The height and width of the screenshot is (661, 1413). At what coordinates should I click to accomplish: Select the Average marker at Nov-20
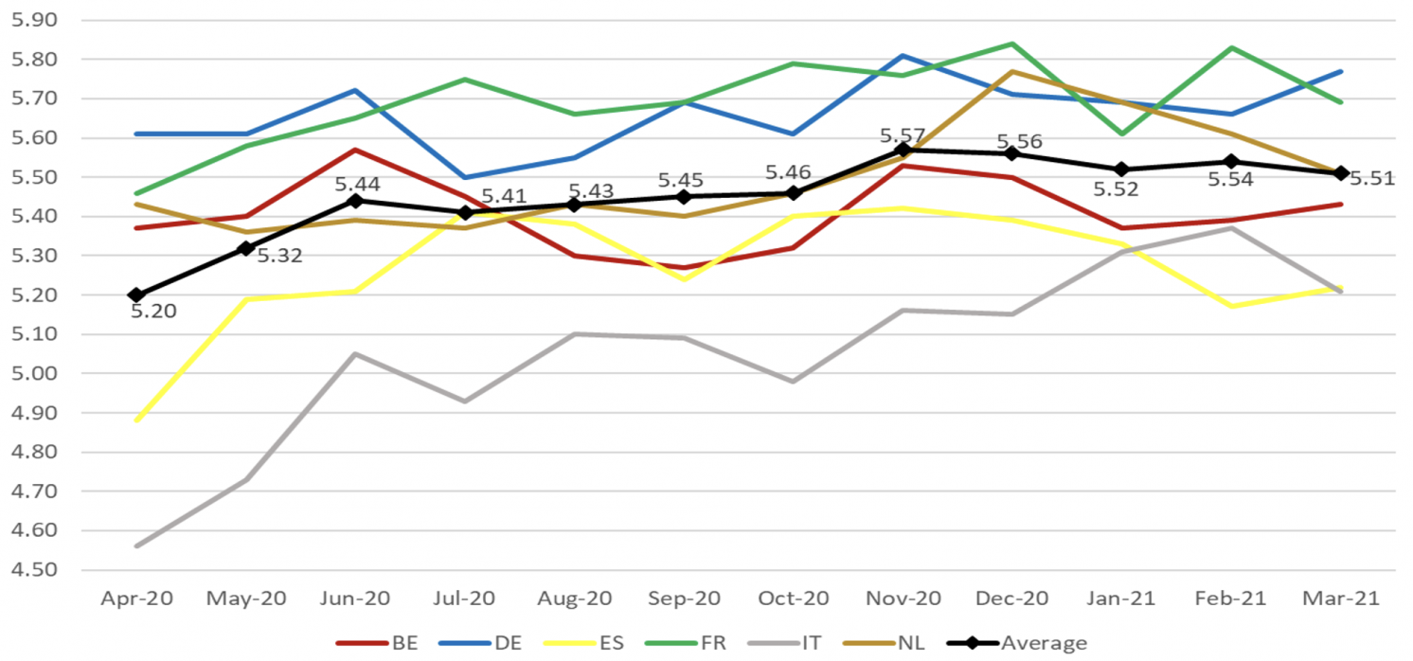tap(903, 150)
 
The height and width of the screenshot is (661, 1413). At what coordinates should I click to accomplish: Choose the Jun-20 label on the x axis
tap(355, 599)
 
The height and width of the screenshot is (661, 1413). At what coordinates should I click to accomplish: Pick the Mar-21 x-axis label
tap(1341, 599)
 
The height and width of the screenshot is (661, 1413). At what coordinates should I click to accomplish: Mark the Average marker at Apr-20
tap(136, 295)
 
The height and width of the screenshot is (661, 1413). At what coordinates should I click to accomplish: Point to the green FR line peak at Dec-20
tap(1012, 44)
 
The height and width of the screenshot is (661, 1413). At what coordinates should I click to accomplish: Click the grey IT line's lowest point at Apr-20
tap(136, 546)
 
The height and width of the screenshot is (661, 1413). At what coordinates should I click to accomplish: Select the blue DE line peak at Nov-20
tap(903, 56)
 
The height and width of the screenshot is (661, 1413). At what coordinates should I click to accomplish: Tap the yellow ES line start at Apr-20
tap(136, 420)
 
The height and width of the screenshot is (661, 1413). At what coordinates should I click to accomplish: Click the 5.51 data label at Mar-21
tap(1372, 179)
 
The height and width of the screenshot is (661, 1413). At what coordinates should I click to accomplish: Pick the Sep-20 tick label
tap(684, 599)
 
